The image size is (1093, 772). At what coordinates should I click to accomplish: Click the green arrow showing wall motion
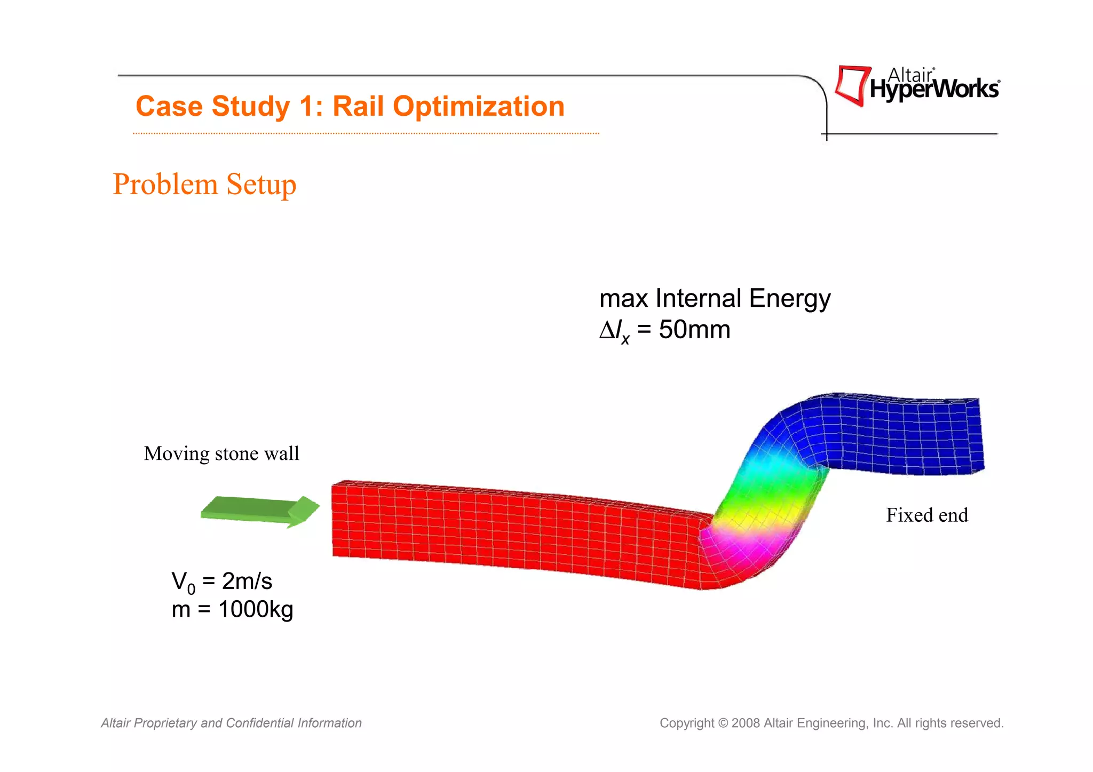tap(259, 511)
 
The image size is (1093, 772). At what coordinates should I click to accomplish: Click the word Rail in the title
tap(359, 106)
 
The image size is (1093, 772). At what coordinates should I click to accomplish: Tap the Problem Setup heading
tap(204, 185)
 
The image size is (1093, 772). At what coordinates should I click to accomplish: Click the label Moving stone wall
tap(221, 453)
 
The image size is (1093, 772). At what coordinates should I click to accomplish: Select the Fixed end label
tap(927, 515)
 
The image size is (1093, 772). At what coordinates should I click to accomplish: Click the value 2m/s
tap(247, 581)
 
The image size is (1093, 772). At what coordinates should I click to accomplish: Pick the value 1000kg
tap(256, 609)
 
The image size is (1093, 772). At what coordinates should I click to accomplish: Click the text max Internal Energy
tap(715, 298)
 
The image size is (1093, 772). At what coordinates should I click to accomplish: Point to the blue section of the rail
tap(897, 435)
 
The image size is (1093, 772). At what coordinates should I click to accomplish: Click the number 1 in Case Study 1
tap(308, 106)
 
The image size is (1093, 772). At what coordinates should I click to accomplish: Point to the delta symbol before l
tap(607, 330)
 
